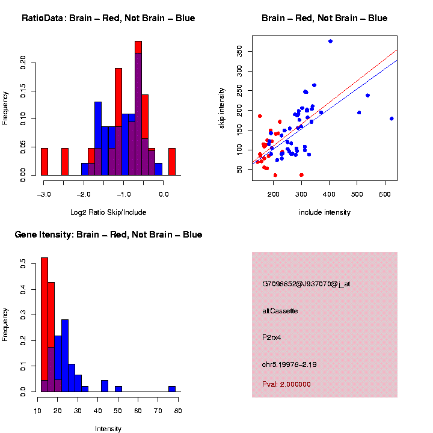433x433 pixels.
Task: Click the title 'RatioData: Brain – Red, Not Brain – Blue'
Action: pos(108,18)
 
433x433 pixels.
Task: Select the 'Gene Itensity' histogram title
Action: pos(108,235)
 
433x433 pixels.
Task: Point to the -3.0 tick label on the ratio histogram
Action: pos(43,194)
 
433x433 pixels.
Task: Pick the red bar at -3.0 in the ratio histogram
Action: pos(45,162)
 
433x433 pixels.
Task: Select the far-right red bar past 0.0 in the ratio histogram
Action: pos(172,162)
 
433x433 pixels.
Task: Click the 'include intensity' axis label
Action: pos(325,212)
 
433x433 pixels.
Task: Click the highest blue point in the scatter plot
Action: pos(330,41)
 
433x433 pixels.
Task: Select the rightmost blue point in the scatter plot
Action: pos(392,118)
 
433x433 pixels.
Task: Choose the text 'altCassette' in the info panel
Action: pos(280,311)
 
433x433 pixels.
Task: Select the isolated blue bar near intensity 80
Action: pos(172,389)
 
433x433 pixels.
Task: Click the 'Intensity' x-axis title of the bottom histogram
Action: pos(108,429)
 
